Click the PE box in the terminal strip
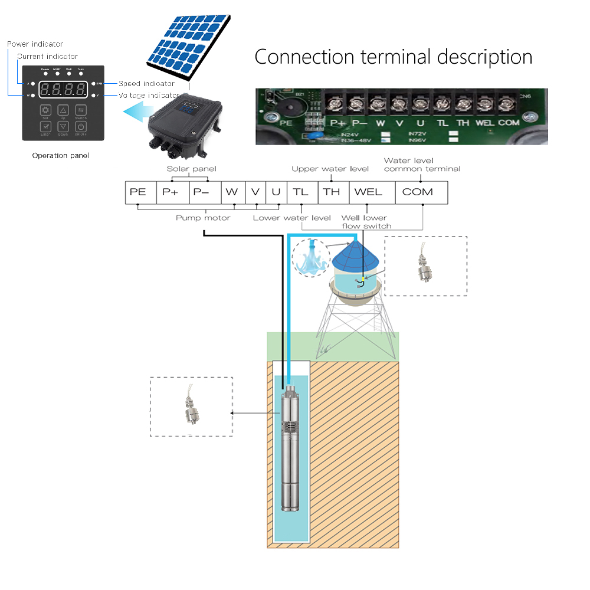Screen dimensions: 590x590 [138, 192]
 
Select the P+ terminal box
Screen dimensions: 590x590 [171, 192]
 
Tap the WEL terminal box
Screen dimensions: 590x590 [368, 192]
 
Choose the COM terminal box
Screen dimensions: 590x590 [418, 192]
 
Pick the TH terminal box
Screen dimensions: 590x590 [332, 192]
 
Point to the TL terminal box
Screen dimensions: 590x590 [301, 192]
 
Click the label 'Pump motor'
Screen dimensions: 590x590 [203, 218]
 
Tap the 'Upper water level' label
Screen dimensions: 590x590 [330, 169]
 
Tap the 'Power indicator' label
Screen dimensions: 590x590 [35, 44]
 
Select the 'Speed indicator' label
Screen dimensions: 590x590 [146, 84]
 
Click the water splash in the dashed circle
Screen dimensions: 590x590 [311, 258]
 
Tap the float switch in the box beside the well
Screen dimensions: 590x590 [191, 407]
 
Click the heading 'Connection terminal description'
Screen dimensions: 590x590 [394, 57]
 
